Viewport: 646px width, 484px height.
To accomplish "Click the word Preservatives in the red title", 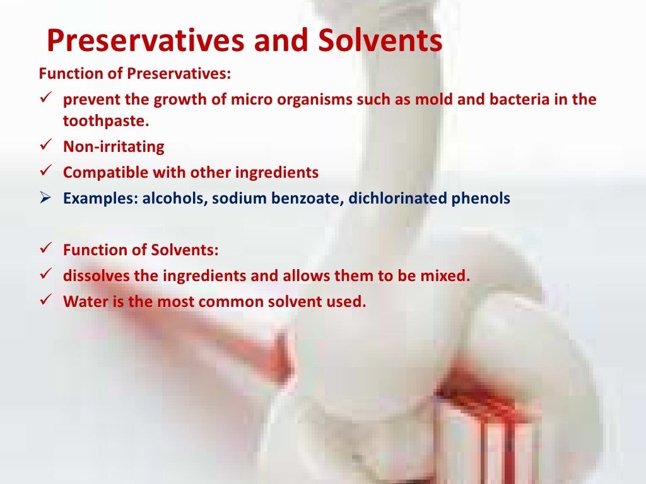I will [x=145, y=42].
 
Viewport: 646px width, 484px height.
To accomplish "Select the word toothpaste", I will [x=105, y=121].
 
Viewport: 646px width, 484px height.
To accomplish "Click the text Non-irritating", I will [x=114, y=147].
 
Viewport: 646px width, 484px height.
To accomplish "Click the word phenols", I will [x=479, y=199].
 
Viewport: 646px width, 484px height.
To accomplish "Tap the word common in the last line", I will [x=230, y=301].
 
